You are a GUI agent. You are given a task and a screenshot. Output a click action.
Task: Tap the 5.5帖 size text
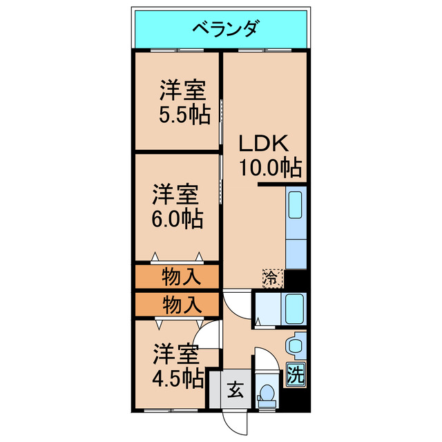point(184,115)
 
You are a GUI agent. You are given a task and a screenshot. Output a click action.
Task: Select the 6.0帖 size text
point(177,219)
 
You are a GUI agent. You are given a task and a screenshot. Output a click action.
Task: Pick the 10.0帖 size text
point(270,167)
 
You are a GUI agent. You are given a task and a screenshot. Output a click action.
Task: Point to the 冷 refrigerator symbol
point(272,278)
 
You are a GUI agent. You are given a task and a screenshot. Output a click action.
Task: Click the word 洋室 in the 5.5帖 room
point(184,90)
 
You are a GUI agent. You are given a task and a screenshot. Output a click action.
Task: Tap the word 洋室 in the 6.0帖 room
point(177,194)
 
